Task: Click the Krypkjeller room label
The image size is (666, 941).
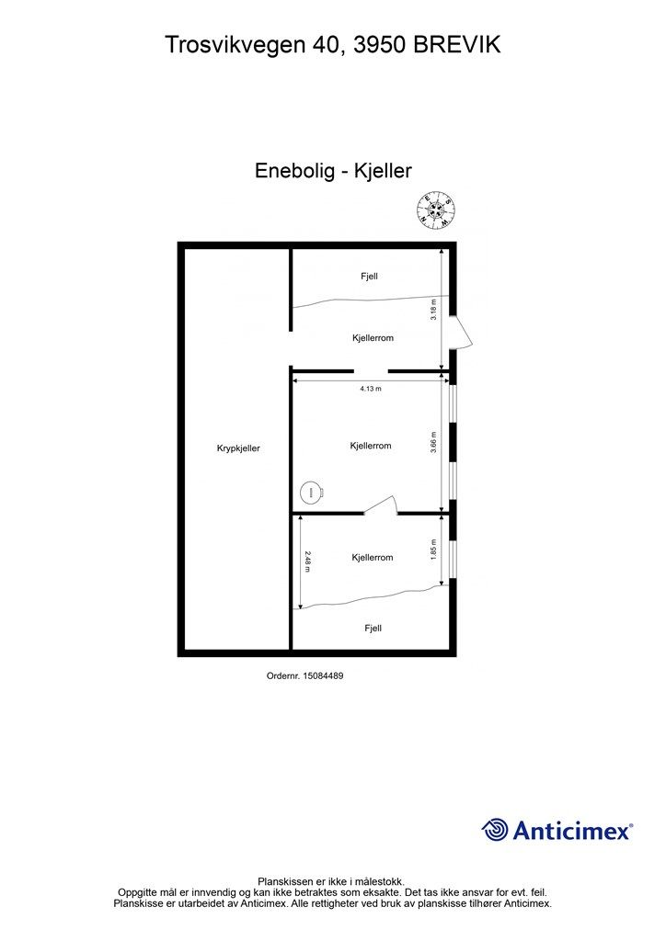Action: pos(238,448)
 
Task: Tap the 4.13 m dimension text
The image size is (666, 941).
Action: pos(371,389)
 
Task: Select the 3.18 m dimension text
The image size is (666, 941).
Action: pos(433,309)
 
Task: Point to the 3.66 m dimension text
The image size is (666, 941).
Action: pos(433,442)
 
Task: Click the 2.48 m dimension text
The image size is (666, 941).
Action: pos(307,561)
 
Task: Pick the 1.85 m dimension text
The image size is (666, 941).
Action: pos(433,550)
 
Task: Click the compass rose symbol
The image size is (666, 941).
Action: pos(435,210)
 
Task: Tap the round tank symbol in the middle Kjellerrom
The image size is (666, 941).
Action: pos(311,493)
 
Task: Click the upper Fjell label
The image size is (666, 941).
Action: pos(369,277)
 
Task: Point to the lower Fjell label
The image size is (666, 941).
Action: pos(373,629)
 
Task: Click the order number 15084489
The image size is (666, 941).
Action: pos(323,675)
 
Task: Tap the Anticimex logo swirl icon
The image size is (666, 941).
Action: pos(495,830)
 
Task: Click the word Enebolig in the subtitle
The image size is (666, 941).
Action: pos(295,171)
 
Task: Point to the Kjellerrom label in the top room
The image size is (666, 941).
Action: pos(373,338)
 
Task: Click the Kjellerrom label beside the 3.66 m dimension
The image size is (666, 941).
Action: pos(371,446)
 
